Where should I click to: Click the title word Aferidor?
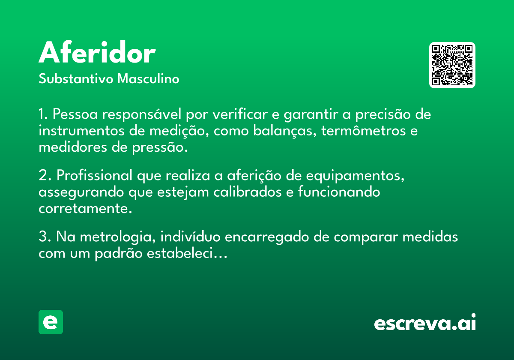97,52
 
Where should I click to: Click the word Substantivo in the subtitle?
76,78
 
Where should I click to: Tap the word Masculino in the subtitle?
148,78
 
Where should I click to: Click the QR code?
452,65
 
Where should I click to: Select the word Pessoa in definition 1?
75,114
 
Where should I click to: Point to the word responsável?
142,114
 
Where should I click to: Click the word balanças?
285,131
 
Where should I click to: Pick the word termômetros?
364,131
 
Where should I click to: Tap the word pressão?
160,147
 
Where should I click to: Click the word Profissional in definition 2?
94,175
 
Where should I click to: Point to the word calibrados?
248,192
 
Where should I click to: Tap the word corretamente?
85,209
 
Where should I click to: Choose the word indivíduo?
190,237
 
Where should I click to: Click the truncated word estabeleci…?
187,253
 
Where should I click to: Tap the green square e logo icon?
51,322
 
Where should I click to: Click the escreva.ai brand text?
425,322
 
